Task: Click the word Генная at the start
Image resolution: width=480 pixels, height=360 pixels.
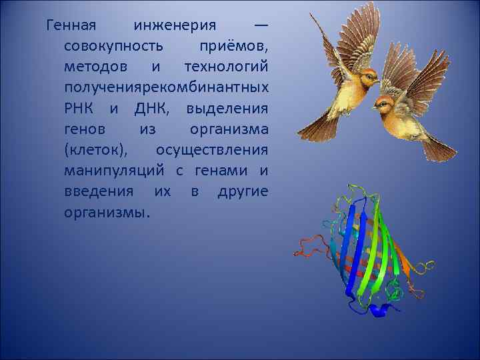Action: click(71, 27)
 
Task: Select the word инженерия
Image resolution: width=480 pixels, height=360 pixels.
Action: click(175, 27)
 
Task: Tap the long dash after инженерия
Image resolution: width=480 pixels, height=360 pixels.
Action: click(261, 27)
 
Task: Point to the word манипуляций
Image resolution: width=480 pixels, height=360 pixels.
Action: click(117, 171)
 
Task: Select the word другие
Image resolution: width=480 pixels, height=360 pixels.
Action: click(243, 192)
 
